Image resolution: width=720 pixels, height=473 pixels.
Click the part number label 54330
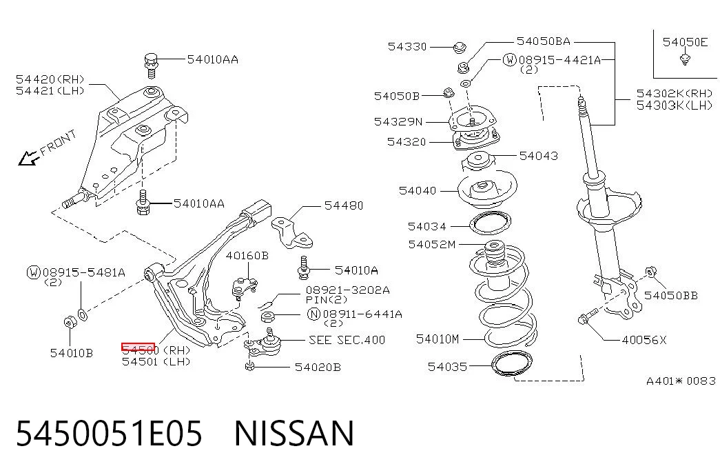coord(407,46)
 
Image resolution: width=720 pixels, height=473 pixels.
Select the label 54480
coord(344,205)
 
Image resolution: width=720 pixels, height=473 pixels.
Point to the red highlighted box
coord(138,347)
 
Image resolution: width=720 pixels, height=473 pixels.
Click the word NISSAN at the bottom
coord(294,434)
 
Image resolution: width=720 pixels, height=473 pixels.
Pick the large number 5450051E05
coord(110,434)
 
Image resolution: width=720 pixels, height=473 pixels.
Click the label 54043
coord(539,156)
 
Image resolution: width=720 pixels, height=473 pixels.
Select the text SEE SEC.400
coord(347,340)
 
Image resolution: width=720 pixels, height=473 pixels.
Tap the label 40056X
coord(644,340)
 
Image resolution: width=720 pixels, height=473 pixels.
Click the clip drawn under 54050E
coord(685,59)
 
